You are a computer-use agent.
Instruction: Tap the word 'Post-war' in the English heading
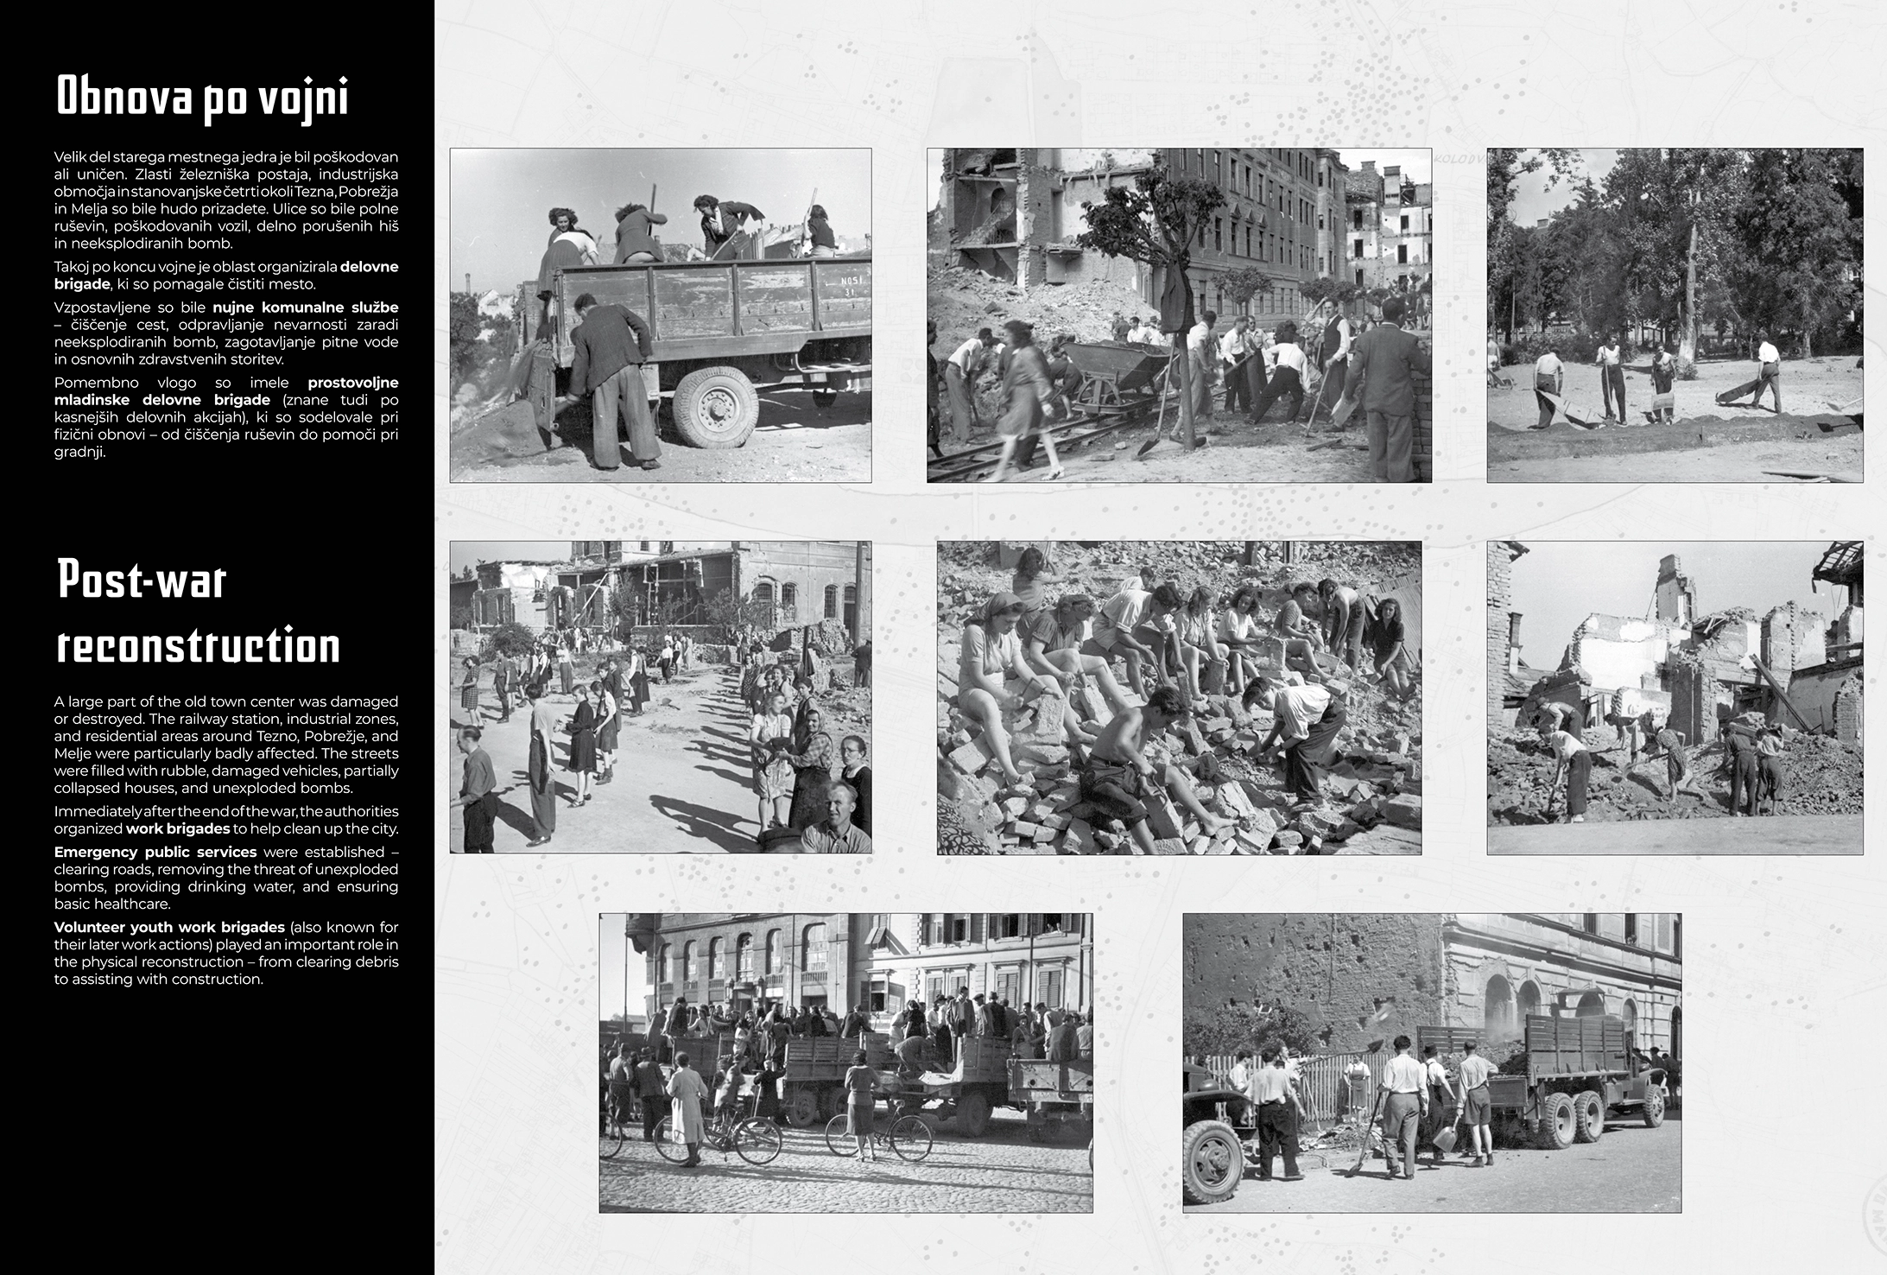click(x=141, y=580)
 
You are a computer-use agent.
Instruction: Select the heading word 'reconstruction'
click(x=198, y=646)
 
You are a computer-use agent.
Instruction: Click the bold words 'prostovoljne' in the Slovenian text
click(x=353, y=383)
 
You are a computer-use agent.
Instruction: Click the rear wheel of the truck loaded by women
click(x=716, y=406)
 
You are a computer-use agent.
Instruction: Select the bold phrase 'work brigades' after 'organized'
click(x=178, y=828)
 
